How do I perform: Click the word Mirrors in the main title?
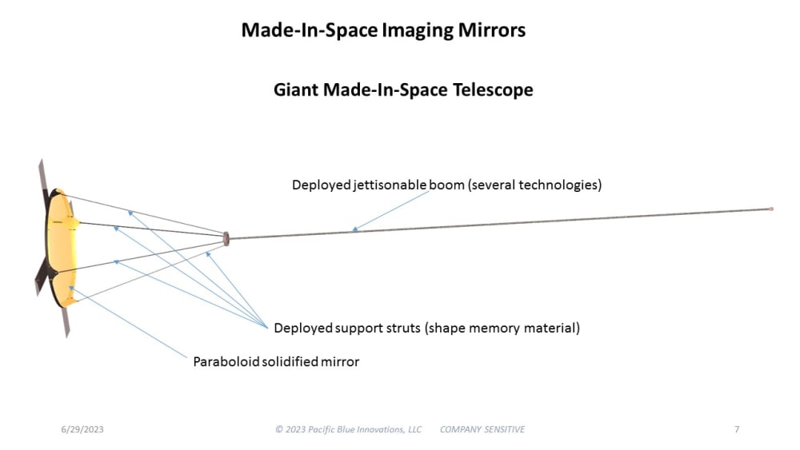click(490, 30)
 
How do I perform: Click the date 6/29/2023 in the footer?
click(82, 429)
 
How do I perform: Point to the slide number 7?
click(736, 429)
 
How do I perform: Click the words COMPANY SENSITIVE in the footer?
click(482, 429)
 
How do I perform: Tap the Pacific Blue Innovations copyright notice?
click(348, 429)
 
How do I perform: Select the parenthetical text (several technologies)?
click(535, 185)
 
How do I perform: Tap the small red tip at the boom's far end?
click(770, 209)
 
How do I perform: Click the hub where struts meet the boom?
click(226, 238)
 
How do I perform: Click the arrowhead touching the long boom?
click(355, 230)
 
